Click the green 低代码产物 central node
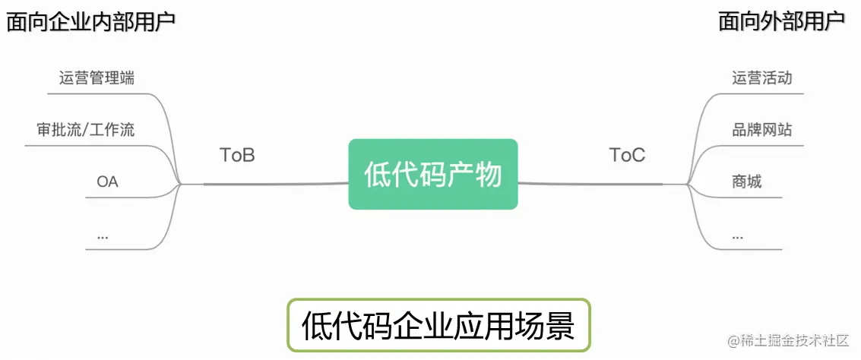pyautogui.click(x=432, y=174)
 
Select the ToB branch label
pyautogui.click(x=237, y=155)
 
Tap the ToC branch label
pyautogui.click(x=627, y=155)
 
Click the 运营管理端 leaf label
pyautogui.click(x=97, y=77)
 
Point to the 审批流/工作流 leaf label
pyautogui.click(x=85, y=129)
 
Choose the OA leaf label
pyautogui.click(x=107, y=182)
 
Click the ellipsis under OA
pyautogui.click(x=103, y=235)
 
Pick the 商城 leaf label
pyautogui.click(x=746, y=182)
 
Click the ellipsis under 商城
pyautogui.click(x=737, y=235)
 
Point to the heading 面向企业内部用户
pyautogui.click(x=90, y=21)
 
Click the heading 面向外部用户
pyautogui.click(x=781, y=21)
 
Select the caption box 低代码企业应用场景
pyautogui.click(x=438, y=325)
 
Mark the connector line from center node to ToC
pyautogui.click(x=593, y=183)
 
